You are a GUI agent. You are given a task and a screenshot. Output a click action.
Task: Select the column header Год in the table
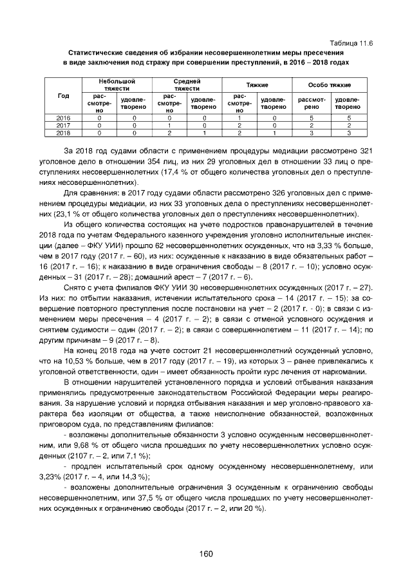(63, 95)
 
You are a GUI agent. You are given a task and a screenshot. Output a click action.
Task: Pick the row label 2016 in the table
(63, 119)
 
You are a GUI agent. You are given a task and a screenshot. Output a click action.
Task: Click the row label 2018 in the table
(63, 133)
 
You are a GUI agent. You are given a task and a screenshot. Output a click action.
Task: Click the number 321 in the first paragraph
(364, 150)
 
